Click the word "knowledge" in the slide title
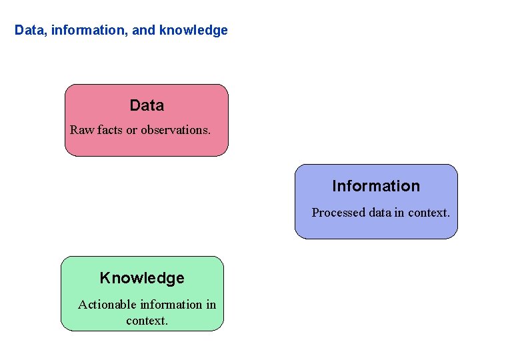(x=194, y=31)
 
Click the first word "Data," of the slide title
(x=29, y=31)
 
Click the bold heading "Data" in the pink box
(x=147, y=105)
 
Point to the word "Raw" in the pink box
(x=82, y=130)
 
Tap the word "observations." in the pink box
(x=176, y=130)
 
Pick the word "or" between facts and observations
(x=132, y=130)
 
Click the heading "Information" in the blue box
(x=376, y=186)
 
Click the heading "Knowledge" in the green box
(x=142, y=278)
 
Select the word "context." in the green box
(x=147, y=321)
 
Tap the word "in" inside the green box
(x=211, y=305)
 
